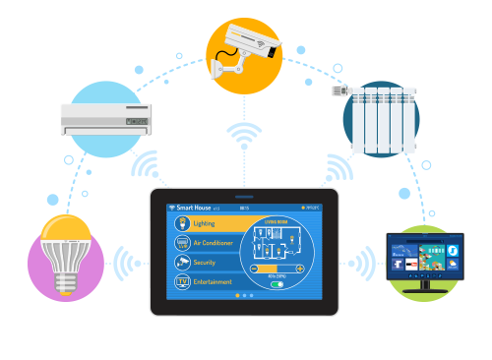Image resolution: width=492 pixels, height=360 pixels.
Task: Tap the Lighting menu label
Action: point(204,223)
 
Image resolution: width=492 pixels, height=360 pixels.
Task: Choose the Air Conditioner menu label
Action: point(212,243)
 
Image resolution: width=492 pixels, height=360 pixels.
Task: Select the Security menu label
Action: point(205,263)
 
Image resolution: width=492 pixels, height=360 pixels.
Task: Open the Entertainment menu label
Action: point(213,282)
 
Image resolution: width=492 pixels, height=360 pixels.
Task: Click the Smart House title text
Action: point(194,209)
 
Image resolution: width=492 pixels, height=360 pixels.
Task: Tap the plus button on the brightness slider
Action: point(299,268)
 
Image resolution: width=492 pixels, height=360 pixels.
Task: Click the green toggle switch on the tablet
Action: point(277,284)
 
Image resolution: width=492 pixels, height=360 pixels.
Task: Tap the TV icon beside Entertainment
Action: point(181,282)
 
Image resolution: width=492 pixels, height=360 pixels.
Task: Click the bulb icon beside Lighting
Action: point(181,223)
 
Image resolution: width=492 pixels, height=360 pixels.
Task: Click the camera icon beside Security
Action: point(181,263)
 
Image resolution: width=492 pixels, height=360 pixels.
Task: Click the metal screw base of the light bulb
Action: point(66,284)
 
